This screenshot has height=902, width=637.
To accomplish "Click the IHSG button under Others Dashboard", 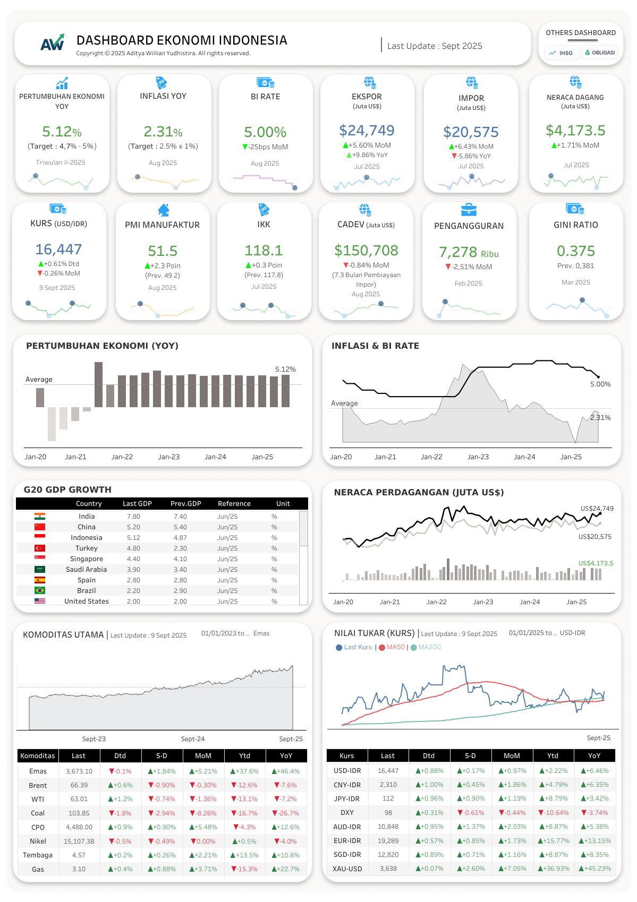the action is pos(562,53).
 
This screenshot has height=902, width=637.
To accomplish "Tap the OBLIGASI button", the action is pos(599,53).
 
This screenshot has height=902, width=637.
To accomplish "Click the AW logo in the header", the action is pos(52,42).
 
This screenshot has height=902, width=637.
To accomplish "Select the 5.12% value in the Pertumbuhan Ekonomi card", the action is pos(62,132).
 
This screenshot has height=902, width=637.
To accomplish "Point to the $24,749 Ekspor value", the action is pos(367,131).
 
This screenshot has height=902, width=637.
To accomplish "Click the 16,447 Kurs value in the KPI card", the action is pos(58,250).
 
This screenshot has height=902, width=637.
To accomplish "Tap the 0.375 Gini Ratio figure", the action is pos(576,251).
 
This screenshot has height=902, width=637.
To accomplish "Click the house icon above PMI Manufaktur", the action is pos(163,210).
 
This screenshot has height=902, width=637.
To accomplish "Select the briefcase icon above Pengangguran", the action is pos(469,210).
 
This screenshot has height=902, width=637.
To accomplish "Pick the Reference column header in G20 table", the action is pos(234,503).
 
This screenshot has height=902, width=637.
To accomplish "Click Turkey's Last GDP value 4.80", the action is pos(133,548).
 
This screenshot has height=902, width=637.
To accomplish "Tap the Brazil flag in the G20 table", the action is pos(40,590).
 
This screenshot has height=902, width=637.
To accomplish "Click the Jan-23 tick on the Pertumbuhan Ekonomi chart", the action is pos(169,457).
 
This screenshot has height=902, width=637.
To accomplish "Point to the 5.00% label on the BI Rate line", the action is pos(600,384).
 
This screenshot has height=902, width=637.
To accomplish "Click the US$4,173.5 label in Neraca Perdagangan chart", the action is pos(596,563).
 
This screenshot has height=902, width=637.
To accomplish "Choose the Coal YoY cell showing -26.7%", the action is pos(286,813).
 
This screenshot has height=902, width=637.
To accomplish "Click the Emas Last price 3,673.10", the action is pos(79,771).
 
